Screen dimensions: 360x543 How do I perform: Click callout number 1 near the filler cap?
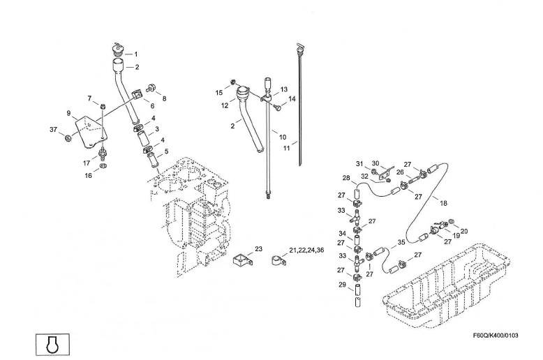pos(135,54)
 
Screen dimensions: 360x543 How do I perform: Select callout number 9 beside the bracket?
pos(69,113)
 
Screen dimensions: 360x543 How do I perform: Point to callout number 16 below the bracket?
pos(89,176)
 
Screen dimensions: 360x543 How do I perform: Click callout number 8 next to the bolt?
pos(165,99)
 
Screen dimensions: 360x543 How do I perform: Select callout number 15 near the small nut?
pos(219,92)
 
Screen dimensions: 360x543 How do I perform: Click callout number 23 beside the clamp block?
pos(258,249)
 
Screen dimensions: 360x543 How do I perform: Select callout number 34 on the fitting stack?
pos(343,234)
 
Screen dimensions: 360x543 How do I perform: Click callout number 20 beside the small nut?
pos(464,231)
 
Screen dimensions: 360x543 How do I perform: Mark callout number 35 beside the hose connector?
pos(401,243)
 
